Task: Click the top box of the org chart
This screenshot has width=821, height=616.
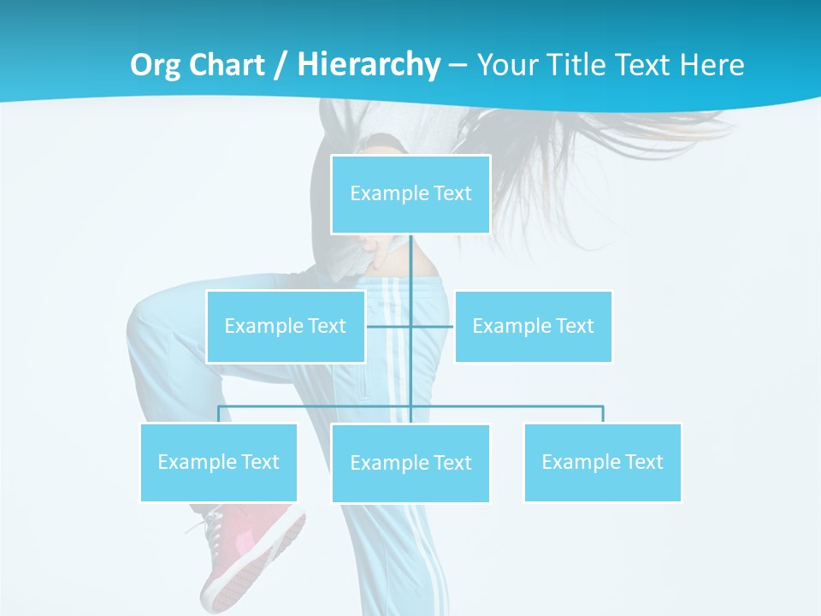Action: (x=410, y=194)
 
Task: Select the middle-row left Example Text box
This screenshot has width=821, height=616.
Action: (x=285, y=326)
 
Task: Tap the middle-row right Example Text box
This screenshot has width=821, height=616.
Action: (x=533, y=326)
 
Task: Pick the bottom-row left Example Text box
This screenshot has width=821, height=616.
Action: (x=218, y=462)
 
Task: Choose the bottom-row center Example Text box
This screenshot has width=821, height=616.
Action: (x=410, y=463)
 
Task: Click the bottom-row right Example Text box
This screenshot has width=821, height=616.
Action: (x=602, y=462)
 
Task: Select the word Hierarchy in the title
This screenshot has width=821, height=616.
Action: (x=369, y=65)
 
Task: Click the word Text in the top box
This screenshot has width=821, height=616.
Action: (x=452, y=194)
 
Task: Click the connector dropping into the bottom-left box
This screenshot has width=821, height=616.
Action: (x=218, y=414)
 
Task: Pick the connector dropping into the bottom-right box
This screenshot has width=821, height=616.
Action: (x=603, y=414)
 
